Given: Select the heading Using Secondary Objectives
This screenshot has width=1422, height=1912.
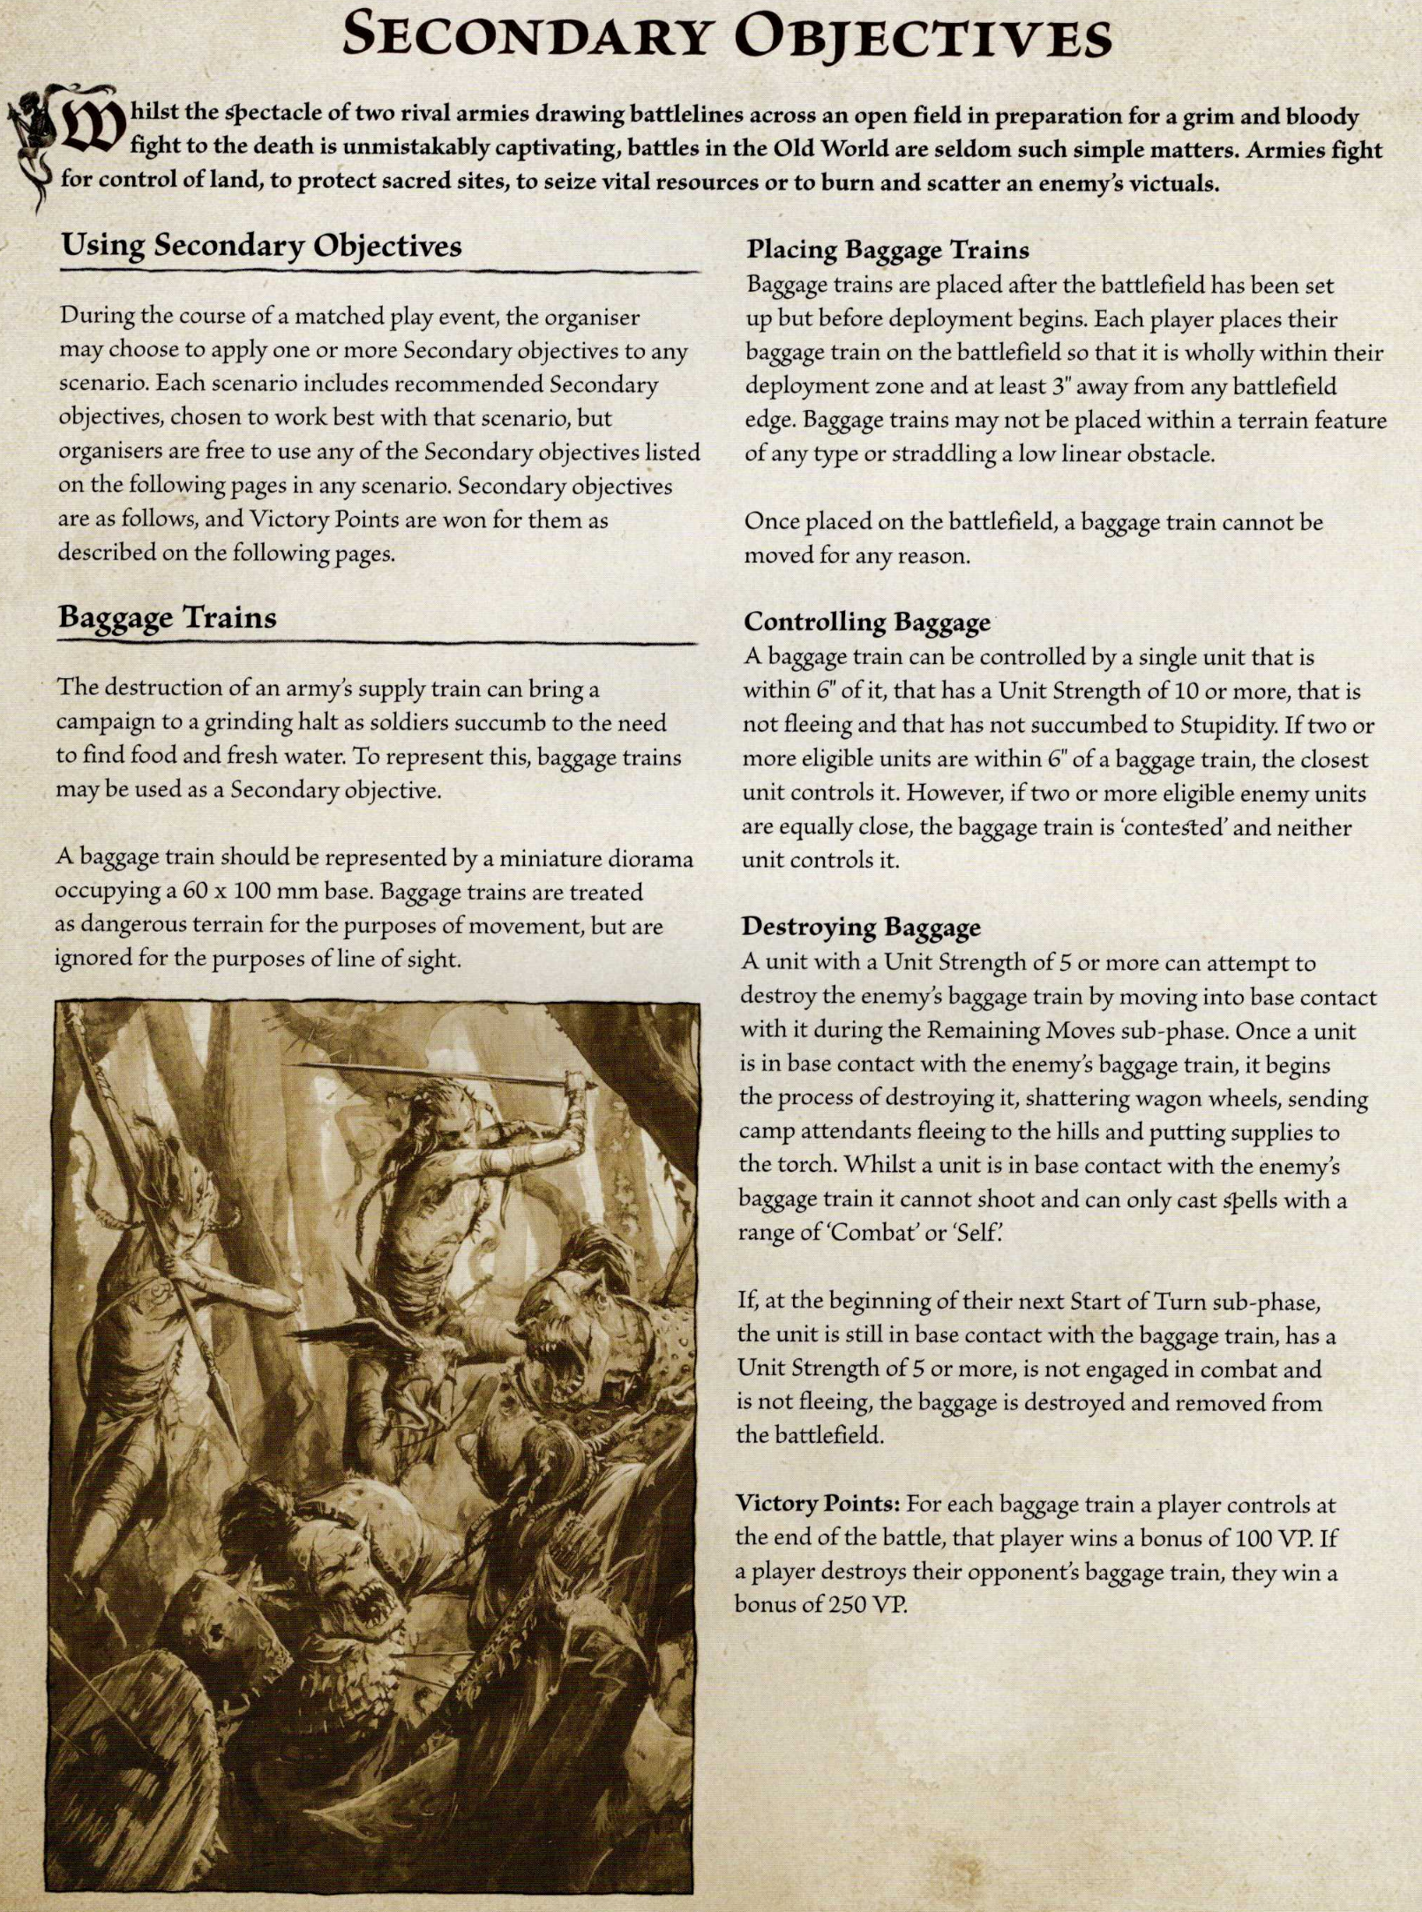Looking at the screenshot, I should tap(261, 245).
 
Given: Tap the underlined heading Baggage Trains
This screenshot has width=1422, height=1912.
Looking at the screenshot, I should tap(168, 617).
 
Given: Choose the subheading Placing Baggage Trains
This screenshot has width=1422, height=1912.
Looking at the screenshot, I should tap(887, 250).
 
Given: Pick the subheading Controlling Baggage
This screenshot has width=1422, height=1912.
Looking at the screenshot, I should tap(867, 623).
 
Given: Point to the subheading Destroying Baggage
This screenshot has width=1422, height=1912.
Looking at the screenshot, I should tap(861, 927).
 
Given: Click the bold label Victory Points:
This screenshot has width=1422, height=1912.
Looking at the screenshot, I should tap(817, 1504).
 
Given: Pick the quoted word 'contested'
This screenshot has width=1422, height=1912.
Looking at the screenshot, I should tap(1162, 828).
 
